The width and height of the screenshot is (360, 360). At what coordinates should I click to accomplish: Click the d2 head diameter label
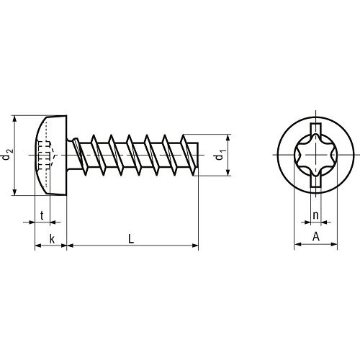pyautogui.click(x=6, y=155)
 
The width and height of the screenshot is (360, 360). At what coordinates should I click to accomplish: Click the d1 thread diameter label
pyautogui.click(x=220, y=155)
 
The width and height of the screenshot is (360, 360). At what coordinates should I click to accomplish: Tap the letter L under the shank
pyautogui.click(x=131, y=239)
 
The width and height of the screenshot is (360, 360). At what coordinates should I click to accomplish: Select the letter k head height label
pyautogui.click(x=52, y=239)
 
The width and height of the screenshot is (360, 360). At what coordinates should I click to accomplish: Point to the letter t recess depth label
pyautogui.click(x=42, y=215)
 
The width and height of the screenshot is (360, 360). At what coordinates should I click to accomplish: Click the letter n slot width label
pyautogui.click(x=315, y=215)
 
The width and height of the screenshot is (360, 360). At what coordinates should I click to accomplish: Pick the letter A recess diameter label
pyautogui.click(x=316, y=237)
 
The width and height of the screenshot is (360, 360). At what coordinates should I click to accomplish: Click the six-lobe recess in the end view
pyautogui.click(x=315, y=155)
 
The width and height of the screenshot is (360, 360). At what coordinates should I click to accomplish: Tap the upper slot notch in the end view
pyautogui.click(x=315, y=129)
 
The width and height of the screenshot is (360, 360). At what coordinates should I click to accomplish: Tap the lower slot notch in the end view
pyautogui.click(x=315, y=181)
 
